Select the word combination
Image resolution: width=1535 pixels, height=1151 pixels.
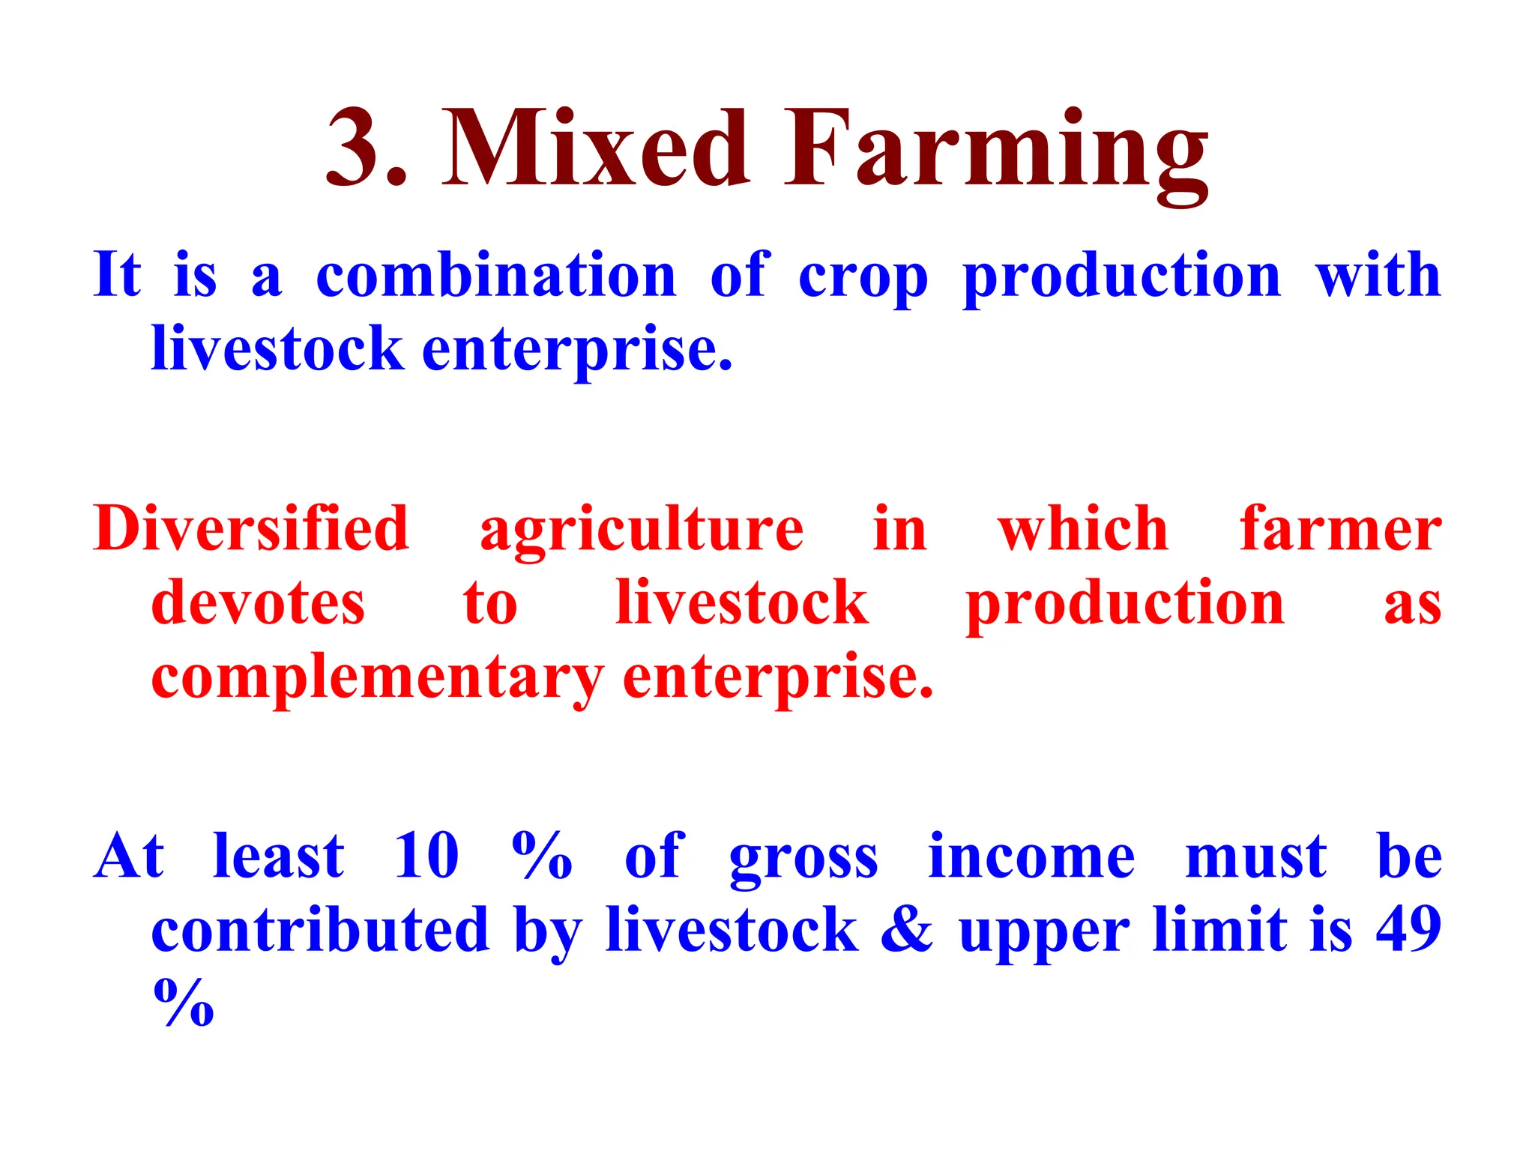(x=496, y=276)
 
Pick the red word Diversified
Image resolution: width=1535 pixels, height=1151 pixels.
(x=251, y=529)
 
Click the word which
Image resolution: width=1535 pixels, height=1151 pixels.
(x=1082, y=529)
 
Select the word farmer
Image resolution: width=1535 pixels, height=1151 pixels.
(x=1340, y=529)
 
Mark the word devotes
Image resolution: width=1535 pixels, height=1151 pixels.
(x=258, y=603)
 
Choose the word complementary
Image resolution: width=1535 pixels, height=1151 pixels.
(x=377, y=679)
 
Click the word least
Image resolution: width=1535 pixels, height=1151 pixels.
(x=278, y=856)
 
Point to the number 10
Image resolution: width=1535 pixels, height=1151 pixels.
(x=426, y=856)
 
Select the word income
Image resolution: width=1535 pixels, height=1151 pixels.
(x=1031, y=856)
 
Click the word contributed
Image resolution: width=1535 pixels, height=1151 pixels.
(x=320, y=930)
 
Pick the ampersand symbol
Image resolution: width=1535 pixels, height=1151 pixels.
(x=907, y=930)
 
